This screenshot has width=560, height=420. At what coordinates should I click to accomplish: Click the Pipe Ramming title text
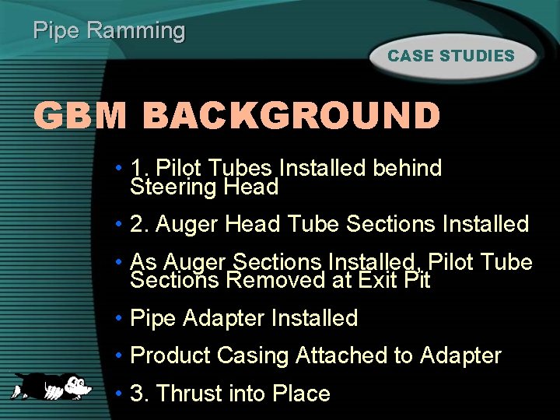[110, 31]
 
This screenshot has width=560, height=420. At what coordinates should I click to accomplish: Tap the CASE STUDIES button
[451, 56]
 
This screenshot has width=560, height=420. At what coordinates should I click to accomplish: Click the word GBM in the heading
[80, 117]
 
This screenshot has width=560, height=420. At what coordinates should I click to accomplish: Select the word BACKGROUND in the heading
[292, 117]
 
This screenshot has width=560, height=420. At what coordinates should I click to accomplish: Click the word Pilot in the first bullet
[178, 168]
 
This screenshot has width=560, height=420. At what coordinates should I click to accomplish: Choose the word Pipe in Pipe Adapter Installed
[153, 318]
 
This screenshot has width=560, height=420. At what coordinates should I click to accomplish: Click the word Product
[170, 356]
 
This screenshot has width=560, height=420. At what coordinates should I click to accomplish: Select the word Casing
[254, 356]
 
